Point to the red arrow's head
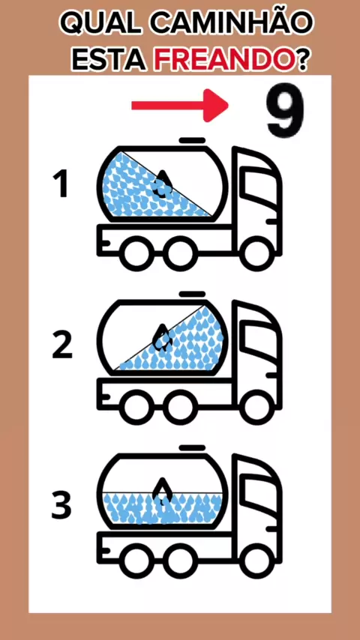click(x=216, y=106)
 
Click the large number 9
click(x=285, y=111)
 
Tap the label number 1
click(x=61, y=185)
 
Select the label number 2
click(x=62, y=345)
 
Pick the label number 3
click(x=61, y=505)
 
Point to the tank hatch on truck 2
click(x=192, y=294)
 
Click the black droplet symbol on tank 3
click(x=162, y=491)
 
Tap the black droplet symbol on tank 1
click(x=162, y=184)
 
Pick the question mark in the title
click(x=302, y=61)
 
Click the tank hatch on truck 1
click(x=192, y=140)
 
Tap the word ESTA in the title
click(x=109, y=61)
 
